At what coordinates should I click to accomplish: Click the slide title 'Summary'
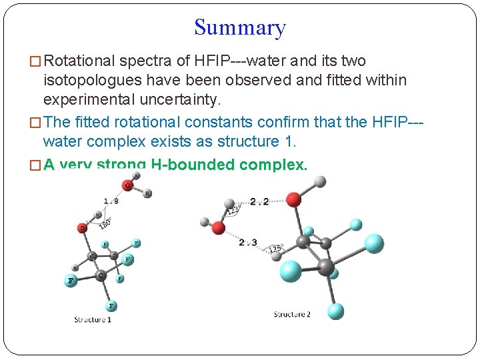[240, 28]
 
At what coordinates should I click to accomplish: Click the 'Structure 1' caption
[93, 320]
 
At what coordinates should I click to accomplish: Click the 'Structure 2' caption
[292, 314]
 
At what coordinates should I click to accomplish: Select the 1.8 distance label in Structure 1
[111, 201]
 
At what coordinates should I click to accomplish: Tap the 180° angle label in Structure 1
[106, 223]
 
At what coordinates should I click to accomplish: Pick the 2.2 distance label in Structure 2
[259, 201]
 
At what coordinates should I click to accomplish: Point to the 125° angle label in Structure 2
[275, 249]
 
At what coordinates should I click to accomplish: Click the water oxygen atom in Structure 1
[127, 185]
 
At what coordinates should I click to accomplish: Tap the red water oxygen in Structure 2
[219, 229]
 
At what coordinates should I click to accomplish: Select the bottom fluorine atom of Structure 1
[111, 305]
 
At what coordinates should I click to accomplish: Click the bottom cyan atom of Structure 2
[335, 311]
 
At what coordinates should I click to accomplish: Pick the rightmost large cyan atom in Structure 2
[374, 243]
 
